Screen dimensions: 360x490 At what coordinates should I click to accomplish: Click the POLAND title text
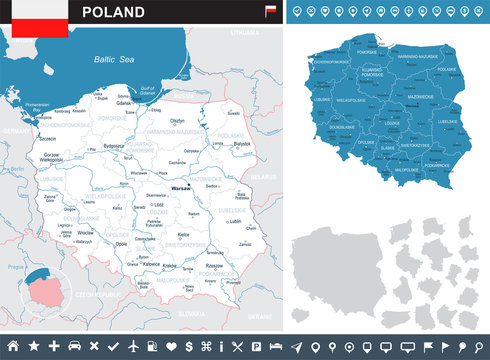112,12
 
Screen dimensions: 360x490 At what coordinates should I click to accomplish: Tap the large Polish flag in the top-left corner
34,18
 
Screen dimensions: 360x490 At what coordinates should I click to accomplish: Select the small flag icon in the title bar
269,11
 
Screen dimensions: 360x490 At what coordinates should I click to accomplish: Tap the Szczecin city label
47,140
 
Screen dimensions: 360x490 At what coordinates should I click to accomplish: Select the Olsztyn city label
178,119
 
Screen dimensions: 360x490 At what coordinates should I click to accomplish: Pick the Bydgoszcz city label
115,146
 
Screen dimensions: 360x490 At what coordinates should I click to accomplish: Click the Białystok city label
241,143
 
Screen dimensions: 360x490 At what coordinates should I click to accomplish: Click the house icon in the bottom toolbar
14,346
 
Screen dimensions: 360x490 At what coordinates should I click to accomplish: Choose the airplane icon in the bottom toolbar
131,346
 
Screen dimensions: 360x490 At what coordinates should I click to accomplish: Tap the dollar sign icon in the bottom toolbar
189,346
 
